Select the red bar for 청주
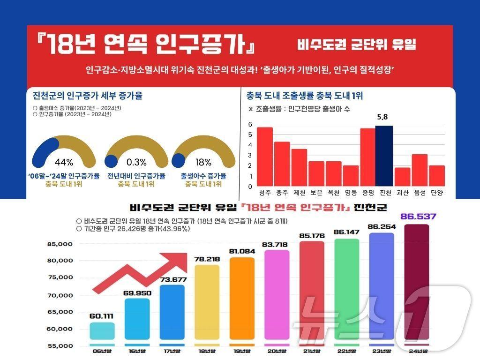click(x=265, y=157)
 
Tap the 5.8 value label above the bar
click(x=384, y=117)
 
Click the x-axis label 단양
click(x=436, y=192)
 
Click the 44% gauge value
click(x=64, y=163)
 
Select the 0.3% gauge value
click(x=136, y=163)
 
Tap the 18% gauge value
click(x=203, y=163)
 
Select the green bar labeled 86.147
click(x=346, y=291)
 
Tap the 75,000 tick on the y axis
click(x=60, y=277)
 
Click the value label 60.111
click(x=102, y=316)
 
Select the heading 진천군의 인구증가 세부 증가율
click(x=88, y=96)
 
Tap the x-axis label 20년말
click(x=277, y=350)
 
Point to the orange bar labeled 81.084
click(x=242, y=300)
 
